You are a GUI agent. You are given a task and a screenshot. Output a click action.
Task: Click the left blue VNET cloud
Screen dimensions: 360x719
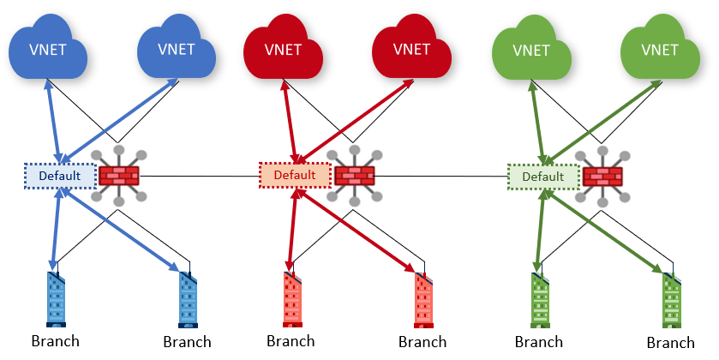[x=50, y=49]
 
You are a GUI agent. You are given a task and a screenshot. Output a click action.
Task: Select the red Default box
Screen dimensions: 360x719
[x=295, y=175]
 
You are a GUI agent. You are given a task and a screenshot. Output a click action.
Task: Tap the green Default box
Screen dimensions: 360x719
[x=542, y=177]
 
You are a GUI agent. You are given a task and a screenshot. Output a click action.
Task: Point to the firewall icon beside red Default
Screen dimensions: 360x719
[x=353, y=176]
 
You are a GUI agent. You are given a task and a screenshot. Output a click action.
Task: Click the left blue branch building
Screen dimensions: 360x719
[x=56, y=300]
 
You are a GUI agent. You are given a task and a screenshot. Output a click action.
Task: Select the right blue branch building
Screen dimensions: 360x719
[x=189, y=300]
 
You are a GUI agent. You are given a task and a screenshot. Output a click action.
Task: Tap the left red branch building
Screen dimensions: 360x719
[x=291, y=300]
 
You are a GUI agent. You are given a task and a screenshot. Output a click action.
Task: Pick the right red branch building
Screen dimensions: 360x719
[x=423, y=300]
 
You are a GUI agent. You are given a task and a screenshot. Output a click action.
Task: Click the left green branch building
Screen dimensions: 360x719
[x=540, y=300]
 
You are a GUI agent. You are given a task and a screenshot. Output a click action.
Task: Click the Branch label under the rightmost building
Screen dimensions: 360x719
[x=671, y=343]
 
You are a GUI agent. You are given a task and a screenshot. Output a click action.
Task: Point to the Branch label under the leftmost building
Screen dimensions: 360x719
[x=56, y=341]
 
